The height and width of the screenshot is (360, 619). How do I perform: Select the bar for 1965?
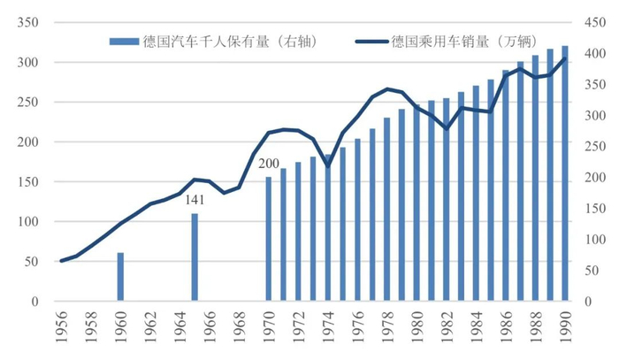[x=195, y=257]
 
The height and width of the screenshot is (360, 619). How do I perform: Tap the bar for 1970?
[x=269, y=239]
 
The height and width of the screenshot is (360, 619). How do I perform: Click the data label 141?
[x=195, y=201]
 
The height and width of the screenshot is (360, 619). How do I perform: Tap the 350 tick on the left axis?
[x=28, y=22]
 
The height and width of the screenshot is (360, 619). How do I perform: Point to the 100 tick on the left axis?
[x=28, y=222]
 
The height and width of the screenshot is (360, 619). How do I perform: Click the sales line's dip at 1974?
[x=328, y=165]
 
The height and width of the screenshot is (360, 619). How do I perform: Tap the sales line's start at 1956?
[x=61, y=261]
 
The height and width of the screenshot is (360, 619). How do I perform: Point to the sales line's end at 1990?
[x=564, y=58]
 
